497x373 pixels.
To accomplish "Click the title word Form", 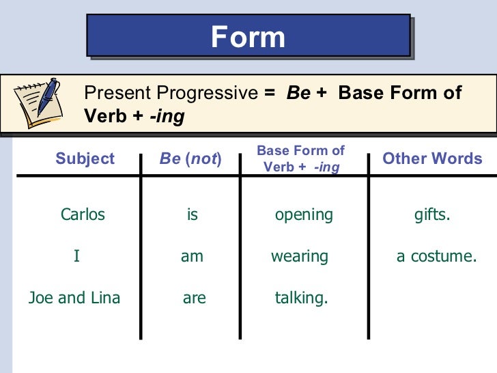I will (x=248, y=37).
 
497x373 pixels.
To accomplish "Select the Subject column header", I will (x=85, y=159).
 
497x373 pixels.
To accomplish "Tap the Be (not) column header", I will (x=190, y=159).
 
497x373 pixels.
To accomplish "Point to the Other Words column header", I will (x=432, y=159).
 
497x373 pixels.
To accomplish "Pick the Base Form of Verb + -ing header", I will (x=300, y=158).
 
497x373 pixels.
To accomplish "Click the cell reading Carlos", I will (x=83, y=215).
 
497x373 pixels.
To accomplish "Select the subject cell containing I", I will (x=76, y=257).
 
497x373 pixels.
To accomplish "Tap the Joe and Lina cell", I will (x=74, y=298).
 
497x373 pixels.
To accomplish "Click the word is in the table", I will (x=193, y=215).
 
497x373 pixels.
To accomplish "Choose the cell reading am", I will (x=192, y=257).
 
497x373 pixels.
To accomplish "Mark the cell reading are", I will (x=195, y=298).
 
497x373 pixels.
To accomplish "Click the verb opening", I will (x=304, y=215).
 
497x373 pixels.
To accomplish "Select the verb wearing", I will (x=300, y=257).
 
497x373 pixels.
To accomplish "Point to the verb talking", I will (x=301, y=298).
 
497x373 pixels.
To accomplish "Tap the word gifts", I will (x=432, y=215).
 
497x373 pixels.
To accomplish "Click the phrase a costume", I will (x=436, y=257).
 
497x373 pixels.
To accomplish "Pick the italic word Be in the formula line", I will (x=298, y=94).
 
